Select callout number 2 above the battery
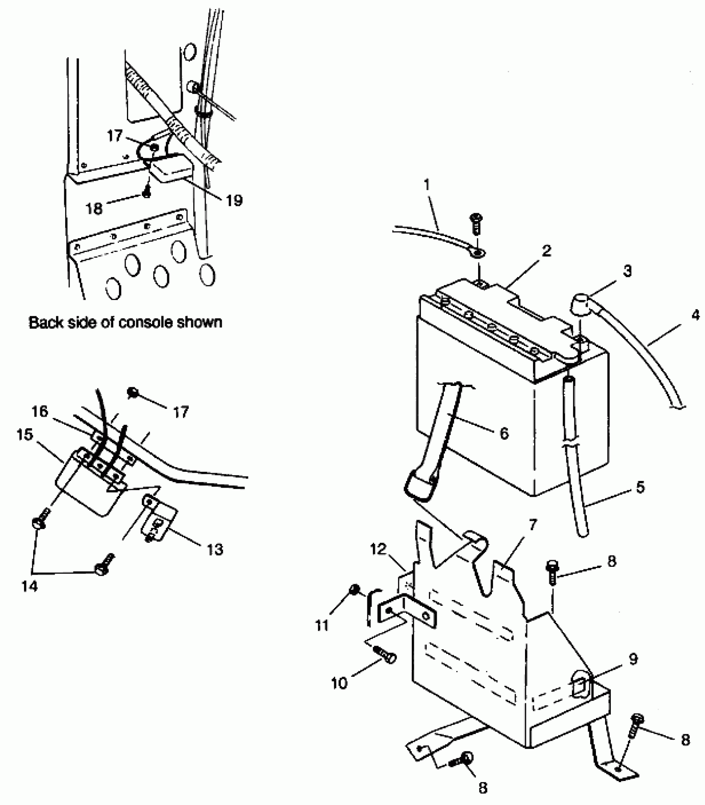pyautogui.click(x=547, y=250)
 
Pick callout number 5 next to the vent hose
pyautogui.click(x=640, y=487)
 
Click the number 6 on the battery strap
pyautogui.click(x=504, y=433)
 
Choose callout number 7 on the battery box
pyautogui.click(x=533, y=525)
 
